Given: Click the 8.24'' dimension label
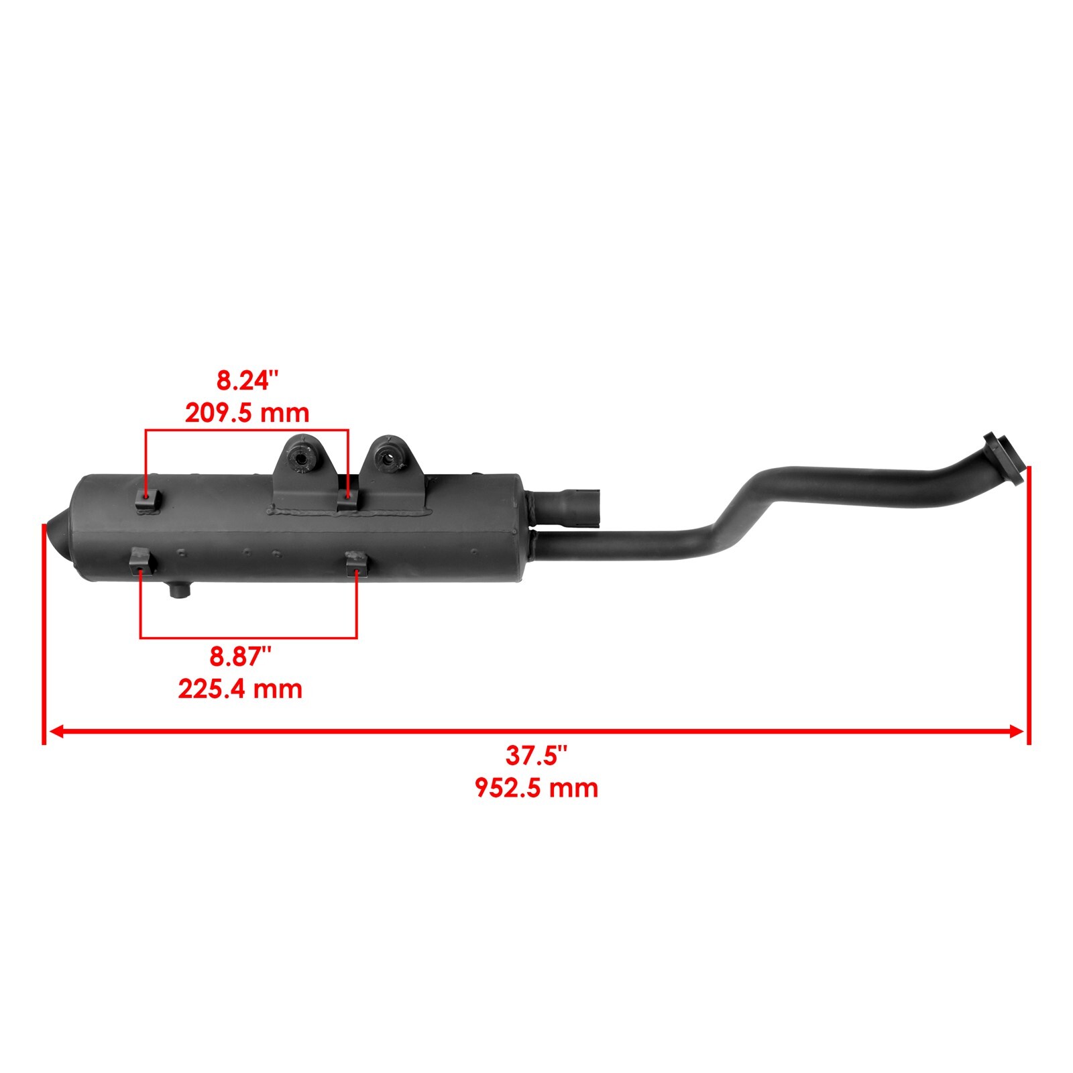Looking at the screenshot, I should (x=246, y=382).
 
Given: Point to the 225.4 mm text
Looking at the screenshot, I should (x=240, y=689).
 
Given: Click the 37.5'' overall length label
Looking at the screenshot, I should (x=536, y=756).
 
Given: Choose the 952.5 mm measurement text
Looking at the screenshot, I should (x=536, y=787).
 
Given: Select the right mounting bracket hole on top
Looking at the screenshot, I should (x=386, y=459).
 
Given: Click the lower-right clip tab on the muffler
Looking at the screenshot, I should (x=355, y=562).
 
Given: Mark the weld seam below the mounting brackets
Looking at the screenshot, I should (x=349, y=514).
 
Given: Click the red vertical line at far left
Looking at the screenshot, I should (x=44, y=630).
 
